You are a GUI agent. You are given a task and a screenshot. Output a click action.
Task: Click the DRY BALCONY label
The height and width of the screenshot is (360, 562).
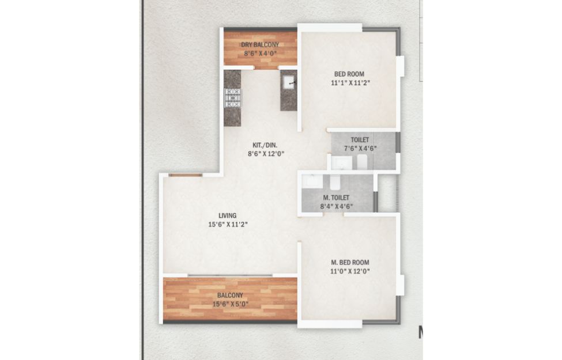point(260,45)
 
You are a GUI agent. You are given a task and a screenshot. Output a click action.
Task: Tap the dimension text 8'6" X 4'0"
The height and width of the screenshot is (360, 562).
point(260,54)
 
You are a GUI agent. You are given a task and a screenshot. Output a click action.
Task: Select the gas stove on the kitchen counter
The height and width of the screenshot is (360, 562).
point(233,98)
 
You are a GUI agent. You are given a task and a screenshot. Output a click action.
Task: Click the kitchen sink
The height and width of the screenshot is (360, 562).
point(289,82)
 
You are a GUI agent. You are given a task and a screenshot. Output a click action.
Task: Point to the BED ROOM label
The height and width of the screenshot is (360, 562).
point(349,74)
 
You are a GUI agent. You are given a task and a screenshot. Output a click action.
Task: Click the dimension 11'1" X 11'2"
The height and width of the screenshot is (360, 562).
point(350,83)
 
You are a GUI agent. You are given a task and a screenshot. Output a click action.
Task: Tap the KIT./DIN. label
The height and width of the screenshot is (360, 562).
point(265,145)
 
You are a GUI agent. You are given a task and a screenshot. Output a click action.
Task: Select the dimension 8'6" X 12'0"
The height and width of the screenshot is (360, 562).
point(266,154)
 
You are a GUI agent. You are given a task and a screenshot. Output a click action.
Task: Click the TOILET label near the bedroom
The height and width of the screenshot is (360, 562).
point(360,140)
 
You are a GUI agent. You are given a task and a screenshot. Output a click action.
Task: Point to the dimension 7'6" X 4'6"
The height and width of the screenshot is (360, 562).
point(360,148)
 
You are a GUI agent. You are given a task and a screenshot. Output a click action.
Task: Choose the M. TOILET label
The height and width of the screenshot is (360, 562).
point(336,198)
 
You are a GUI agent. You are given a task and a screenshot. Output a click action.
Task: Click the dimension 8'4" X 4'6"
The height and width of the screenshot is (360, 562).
point(337,206)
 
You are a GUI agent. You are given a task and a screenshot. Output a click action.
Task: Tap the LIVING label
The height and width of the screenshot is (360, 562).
point(228,215)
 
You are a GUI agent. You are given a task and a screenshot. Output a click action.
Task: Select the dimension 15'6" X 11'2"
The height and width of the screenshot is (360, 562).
point(228,225)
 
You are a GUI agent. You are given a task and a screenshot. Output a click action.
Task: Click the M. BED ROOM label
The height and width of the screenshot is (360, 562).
point(350,263)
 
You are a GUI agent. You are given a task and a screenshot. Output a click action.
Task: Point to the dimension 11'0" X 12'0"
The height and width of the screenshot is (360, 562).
point(350,271)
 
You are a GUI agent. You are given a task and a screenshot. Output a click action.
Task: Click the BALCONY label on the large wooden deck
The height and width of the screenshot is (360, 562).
point(230,295)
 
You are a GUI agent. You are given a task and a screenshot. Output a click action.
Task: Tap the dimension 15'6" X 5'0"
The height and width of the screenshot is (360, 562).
point(231,305)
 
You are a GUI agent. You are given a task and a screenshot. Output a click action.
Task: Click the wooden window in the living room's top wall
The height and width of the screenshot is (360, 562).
point(185,175)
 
